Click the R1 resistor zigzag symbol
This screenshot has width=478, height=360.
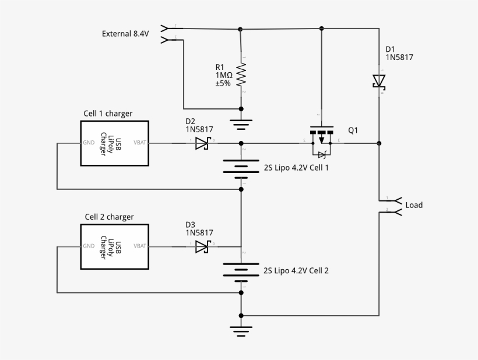tap(241, 75)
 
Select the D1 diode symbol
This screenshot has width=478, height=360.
tap(379, 80)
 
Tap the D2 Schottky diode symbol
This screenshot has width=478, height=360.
tap(202, 143)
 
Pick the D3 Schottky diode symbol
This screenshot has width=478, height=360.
tap(202, 246)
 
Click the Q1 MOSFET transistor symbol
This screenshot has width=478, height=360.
tap(321, 140)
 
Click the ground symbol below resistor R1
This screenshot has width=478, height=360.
tap(241, 124)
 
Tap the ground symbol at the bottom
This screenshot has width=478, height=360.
tap(241, 331)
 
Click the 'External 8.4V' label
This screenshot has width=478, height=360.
tap(125, 34)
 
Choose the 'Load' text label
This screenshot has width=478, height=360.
tap(414, 205)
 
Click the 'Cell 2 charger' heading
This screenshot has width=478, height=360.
tap(109, 217)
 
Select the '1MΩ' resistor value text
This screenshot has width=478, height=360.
tap(224, 75)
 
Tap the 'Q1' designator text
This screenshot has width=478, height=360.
tap(353, 130)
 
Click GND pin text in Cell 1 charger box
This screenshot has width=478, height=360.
tap(89, 142)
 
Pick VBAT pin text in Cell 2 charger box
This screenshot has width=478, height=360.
tap(140, 246)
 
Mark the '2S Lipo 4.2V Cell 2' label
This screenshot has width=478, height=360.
tap(296, 271)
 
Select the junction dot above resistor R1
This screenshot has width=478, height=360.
tap(241, 29)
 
